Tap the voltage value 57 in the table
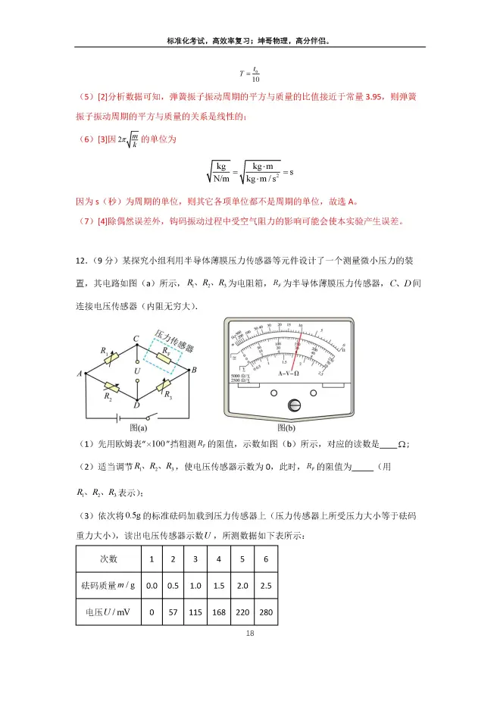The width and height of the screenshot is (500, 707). click(173, 612)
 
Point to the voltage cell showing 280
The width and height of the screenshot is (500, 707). click(266, 612)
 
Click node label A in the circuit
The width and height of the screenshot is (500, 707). click(79, 373)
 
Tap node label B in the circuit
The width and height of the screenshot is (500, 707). click(194, 371)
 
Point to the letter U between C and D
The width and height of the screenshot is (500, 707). click(137, 371)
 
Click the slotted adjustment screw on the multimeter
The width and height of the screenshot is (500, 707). click(293, 406)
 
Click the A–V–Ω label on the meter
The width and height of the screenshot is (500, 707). click(289, 374)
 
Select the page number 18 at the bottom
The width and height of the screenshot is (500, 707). click(251, 633)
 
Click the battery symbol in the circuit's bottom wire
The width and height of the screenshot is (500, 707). click(117, 415)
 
